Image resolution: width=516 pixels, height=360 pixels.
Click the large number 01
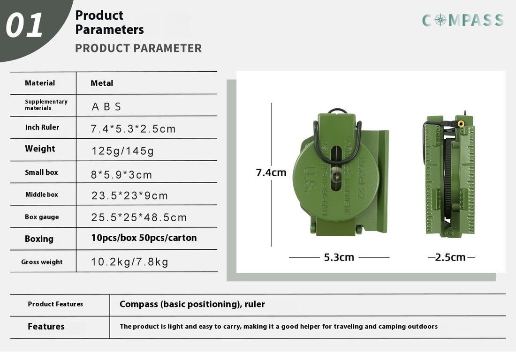(25, 25)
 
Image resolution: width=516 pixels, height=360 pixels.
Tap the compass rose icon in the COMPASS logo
(440, 20)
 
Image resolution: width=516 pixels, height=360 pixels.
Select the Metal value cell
(102, 83)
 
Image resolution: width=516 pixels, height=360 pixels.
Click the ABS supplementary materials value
(106, 106)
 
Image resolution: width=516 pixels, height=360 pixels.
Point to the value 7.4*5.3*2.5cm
(133, 129)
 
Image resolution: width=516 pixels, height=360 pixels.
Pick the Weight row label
(40, 149)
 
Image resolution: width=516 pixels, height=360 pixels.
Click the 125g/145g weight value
(122, 151)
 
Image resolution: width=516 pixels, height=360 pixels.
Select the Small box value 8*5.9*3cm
(121, 175)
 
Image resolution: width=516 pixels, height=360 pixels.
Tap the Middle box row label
(42, 195)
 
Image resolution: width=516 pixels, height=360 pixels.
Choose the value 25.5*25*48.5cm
(139, 217)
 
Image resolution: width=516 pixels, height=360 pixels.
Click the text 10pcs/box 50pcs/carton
(144, 238)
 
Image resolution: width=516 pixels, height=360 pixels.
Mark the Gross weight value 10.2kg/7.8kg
(129, 262)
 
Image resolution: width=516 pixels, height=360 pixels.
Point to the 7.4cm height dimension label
(271, 172)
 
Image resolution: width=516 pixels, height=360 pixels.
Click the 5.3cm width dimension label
(339, 257)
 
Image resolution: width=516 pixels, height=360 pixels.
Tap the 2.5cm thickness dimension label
(450, 257)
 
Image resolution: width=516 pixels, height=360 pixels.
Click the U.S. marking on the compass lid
(310, 180)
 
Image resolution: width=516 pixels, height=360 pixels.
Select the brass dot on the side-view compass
(461, 124)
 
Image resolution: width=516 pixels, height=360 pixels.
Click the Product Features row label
(55, 304)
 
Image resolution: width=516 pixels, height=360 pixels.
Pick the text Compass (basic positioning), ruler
(192, 304)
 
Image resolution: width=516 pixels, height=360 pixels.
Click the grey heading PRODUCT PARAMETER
(138, 48)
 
